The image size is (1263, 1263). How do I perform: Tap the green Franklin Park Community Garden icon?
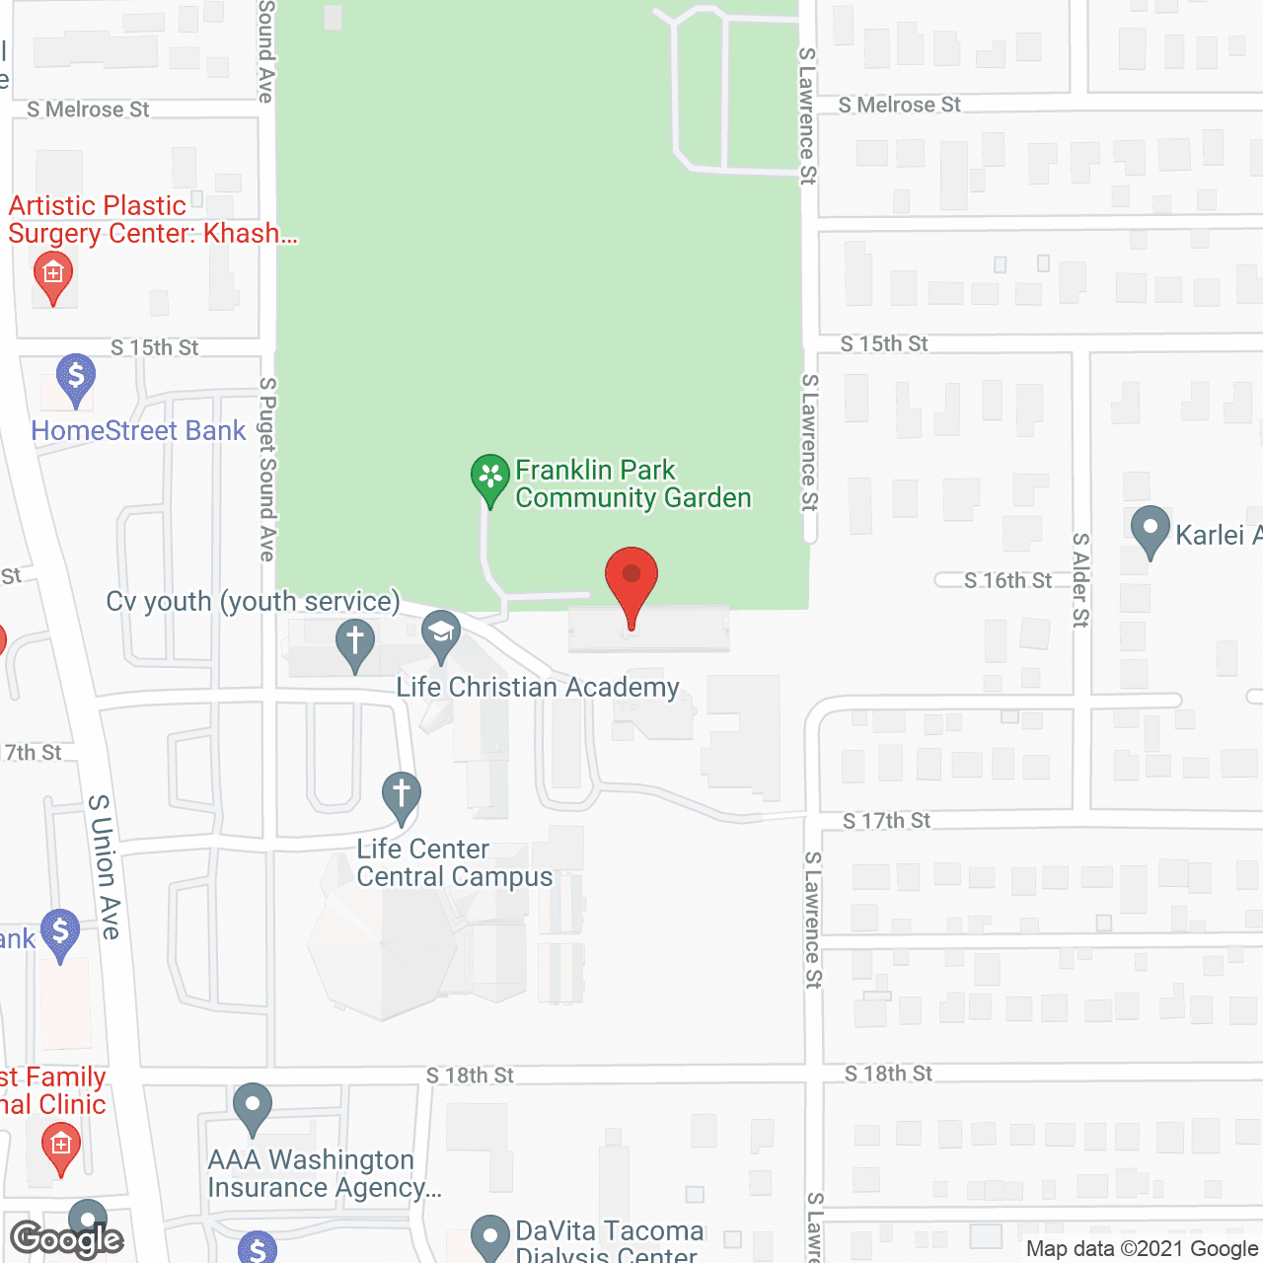489,478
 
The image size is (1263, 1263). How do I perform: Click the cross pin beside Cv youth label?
355,642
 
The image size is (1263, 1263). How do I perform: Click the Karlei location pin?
1150,530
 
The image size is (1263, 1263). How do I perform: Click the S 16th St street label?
1007,580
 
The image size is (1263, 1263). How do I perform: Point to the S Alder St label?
1081,580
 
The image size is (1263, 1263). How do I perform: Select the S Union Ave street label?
105,866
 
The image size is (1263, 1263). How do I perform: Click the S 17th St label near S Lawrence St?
886,820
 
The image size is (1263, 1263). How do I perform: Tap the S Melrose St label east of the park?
899,105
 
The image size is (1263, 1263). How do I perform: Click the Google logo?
66,1239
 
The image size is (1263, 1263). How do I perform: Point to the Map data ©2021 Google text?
1142,1248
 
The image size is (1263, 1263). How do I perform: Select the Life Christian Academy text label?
538,687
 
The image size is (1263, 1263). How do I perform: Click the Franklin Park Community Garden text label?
632,483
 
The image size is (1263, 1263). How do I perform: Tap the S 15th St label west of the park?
154,347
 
